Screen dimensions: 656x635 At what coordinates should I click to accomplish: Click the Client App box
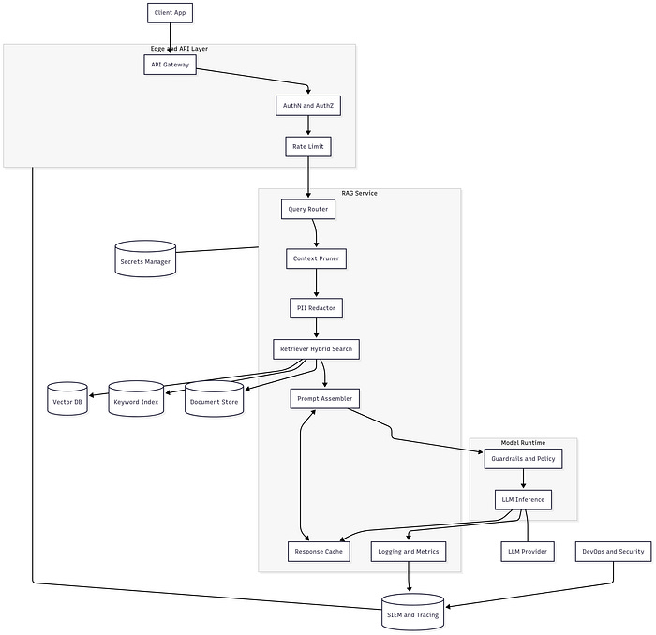pyautogui.click(x=170, y=13)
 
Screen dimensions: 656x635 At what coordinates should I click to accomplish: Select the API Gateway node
pyautogui.click(x=170, y=65)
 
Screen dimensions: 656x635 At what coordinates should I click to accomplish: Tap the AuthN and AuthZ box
pyautogui.click(x=308, y=107)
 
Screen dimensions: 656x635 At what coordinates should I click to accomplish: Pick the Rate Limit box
pyautogui.click(x=308, y=147)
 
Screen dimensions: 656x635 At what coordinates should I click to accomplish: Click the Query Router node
pyautogui.click(x=307, y=210)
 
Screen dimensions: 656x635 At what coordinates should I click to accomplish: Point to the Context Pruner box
pyautogui.click(x=316, y=258)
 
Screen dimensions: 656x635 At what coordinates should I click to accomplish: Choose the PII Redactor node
pyautogui.click(x=316, y=307)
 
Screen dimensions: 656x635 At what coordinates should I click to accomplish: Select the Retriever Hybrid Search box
pyautogui.click(x=316, y=349)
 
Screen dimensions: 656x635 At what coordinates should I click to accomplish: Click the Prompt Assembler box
pyautogui.click(x=324, y=399)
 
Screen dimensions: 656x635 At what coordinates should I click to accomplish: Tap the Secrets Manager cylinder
pyautogui.click(x=145, y=259)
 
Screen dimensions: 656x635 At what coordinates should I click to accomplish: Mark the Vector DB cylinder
pyautogui.click(x=67, y=400)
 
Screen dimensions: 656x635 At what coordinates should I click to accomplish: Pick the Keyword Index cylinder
pyautogui.click(x=136, y=400)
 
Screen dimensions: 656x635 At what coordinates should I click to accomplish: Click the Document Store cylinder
pyautogui.click(x=214, y=400)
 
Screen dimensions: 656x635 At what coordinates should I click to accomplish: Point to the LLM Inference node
pyautogui.click(x=523, y=500)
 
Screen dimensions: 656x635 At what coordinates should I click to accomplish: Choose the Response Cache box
pyautogui.click(x=320, y=552)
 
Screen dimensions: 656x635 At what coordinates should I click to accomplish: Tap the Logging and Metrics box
pyautogui.click(x=409, y=552)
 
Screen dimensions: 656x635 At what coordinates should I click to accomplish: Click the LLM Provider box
pyautogui.click(x=528, y=552)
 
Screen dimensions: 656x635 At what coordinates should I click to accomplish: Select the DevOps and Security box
pyautogui.click(x=613, y=552)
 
